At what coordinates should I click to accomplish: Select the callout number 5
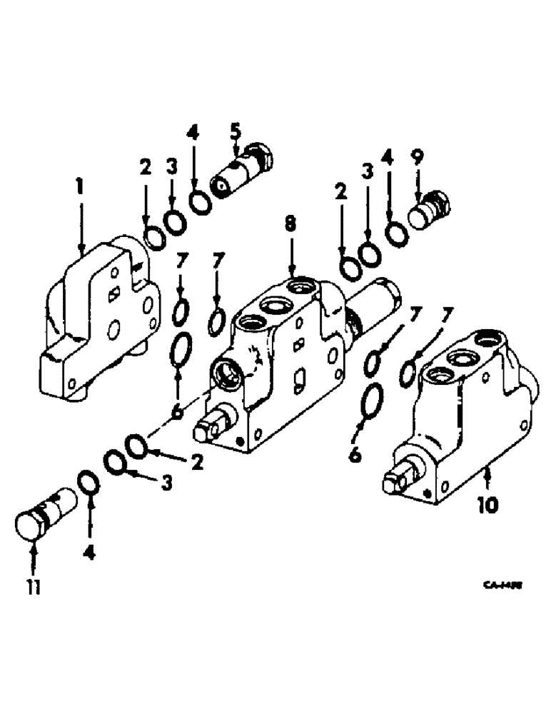tap(236, 132)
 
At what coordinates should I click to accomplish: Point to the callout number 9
tap(418, 154)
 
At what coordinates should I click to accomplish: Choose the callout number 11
tap(33, 587)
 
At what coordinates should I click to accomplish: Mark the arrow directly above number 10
tap(487, 478)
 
